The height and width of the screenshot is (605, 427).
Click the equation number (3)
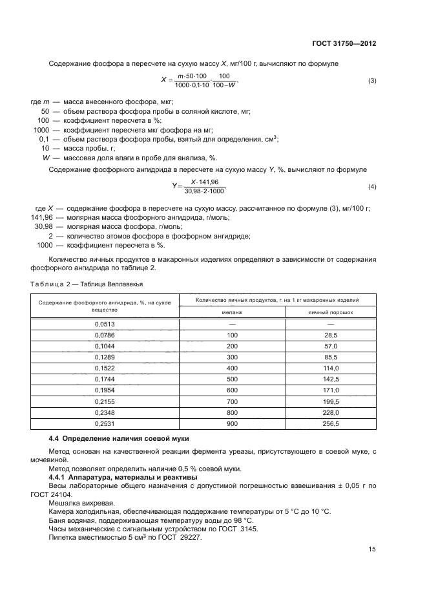click(x=372, y=81)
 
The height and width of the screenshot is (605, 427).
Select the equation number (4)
click(x=372, y=187)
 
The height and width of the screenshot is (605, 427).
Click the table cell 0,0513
click(x=104, y=323)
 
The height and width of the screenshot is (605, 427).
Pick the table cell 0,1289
click(x=104, y=356)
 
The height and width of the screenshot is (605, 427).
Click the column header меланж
click(x=232, y=312)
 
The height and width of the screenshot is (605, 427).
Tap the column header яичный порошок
click(x=331, y=312)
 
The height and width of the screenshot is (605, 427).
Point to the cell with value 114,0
click(x=331, y=367)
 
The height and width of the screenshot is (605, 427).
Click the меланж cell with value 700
click(x=232, y=401)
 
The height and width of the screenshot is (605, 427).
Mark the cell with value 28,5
click(x=331, y=334)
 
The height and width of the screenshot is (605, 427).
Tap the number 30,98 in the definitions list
click(x=43, y=227)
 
